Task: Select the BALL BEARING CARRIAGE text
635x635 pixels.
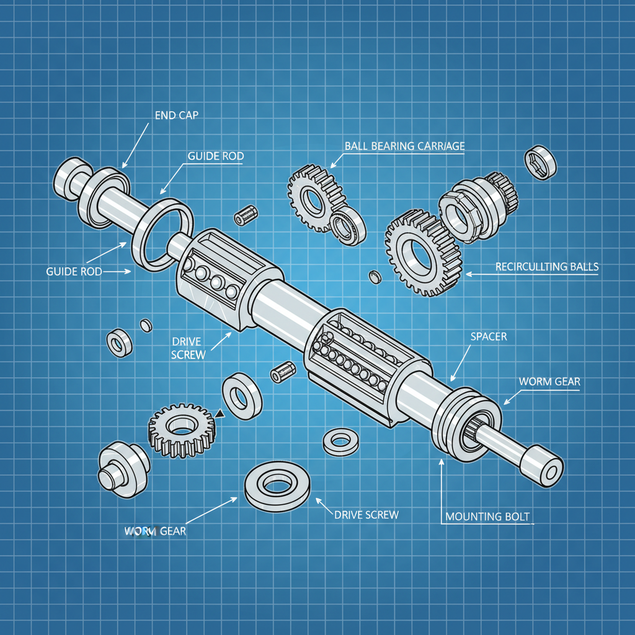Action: coord(404,146)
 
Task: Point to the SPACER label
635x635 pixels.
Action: coord(489,337)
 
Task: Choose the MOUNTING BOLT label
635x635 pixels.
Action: coord(488,517)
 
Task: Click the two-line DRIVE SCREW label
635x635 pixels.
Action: coord(189,348)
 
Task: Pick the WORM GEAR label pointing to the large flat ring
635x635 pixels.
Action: coord(155,531)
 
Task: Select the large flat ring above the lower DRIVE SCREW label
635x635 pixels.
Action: coord(277,486)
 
